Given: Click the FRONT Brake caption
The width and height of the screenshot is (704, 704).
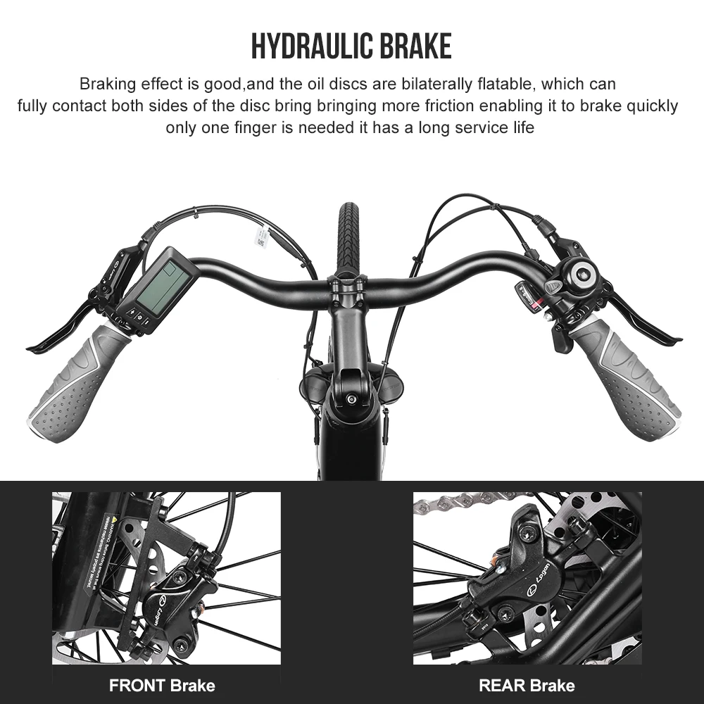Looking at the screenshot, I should tap(162, 685).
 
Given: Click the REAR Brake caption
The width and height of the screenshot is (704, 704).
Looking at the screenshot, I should tap(527, 685).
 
